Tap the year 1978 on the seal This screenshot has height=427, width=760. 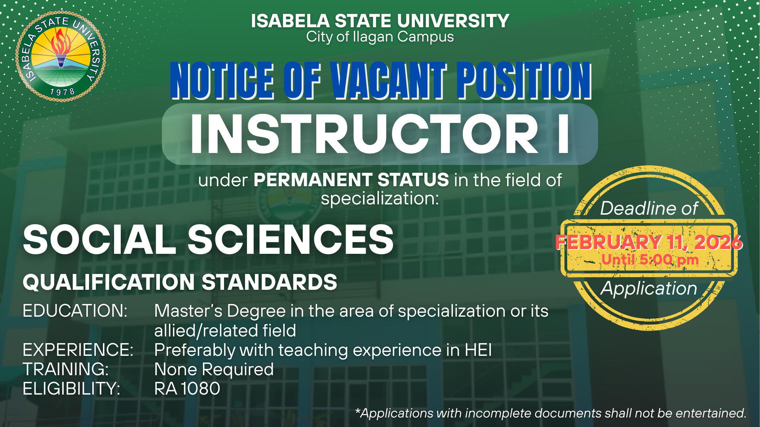62,92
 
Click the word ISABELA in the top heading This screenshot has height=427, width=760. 290,21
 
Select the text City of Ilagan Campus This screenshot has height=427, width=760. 380,37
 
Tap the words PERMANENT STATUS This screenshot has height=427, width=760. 351,180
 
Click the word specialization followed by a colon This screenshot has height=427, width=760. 380,198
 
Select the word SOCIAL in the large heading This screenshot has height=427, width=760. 99,240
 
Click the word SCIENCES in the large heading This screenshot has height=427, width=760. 291,240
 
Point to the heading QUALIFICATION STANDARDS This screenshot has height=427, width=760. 180,282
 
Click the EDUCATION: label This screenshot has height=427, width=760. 75,311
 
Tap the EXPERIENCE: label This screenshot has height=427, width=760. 78,350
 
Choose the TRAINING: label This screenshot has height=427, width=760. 66,369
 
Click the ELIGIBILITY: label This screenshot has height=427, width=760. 72,389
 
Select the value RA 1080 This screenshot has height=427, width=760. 187,389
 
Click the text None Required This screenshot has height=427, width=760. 214,369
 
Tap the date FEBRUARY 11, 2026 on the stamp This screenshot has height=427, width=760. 649,242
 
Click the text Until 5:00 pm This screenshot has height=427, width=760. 650,260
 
